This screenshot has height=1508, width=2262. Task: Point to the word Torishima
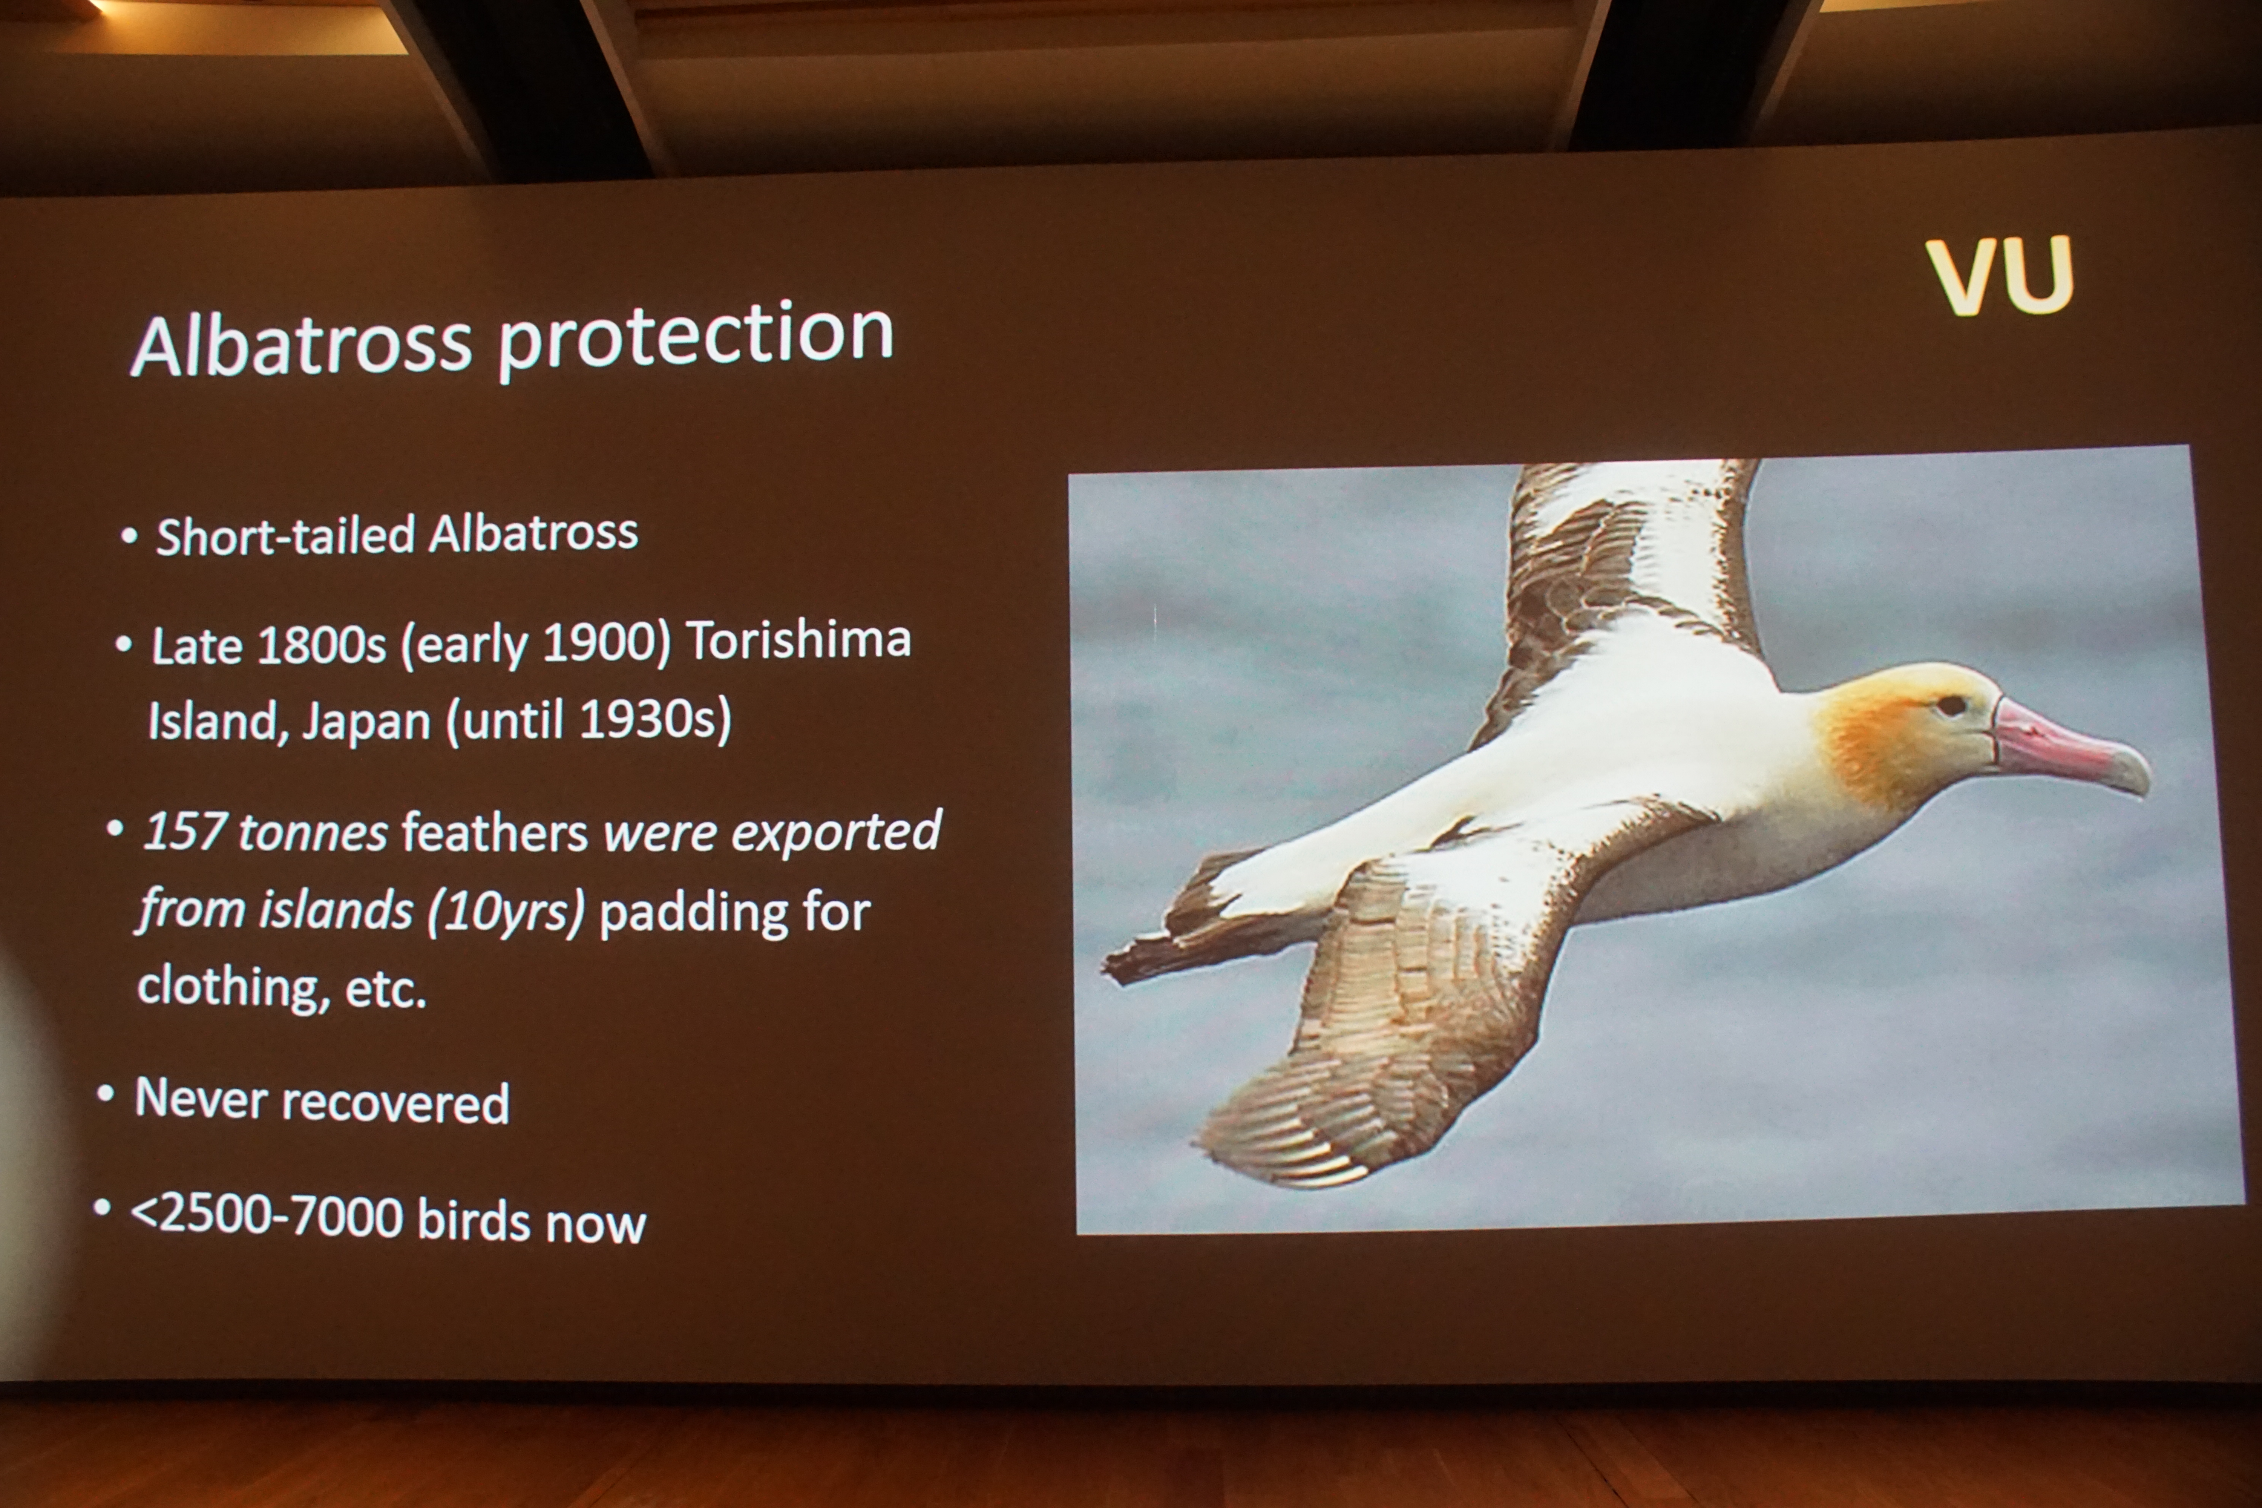point(798,639)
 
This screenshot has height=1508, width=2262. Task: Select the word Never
point(200,1098)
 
